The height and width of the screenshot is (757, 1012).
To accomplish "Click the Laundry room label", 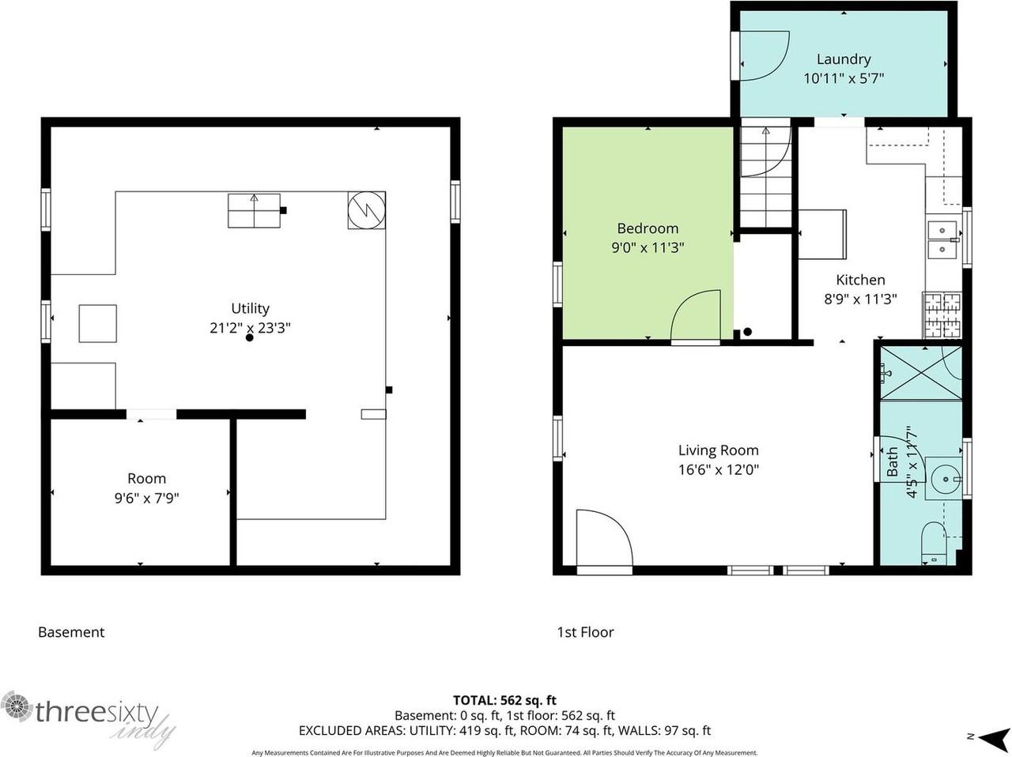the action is pos(844,59).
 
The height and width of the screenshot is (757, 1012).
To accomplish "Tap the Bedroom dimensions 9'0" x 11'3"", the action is pos(648,248).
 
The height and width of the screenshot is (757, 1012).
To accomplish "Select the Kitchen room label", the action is pos(860,280).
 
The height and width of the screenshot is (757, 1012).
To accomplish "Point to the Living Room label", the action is pos(719,450).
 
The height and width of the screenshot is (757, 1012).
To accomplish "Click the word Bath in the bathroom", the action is pos(892,461).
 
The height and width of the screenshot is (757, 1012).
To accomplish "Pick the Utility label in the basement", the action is pos(250,308).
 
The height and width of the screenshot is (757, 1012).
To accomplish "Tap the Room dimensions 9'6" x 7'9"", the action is pos(146,498).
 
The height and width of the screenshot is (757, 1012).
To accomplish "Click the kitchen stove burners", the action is pos(942,315).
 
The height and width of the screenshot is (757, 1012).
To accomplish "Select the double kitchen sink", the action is pos(942,239).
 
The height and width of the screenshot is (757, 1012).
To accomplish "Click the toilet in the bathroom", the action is pos(934,544).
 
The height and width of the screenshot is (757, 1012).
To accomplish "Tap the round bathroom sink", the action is pos(945,479).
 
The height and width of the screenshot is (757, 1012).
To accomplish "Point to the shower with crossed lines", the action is pos(921,373).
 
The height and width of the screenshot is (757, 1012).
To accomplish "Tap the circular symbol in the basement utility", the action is pos(367,210).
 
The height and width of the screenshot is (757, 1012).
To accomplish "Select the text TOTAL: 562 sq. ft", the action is pos(505,700).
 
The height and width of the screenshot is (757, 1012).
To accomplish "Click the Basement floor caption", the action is pos(71,632).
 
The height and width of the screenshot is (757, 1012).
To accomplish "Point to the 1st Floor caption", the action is pos(585,632).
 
